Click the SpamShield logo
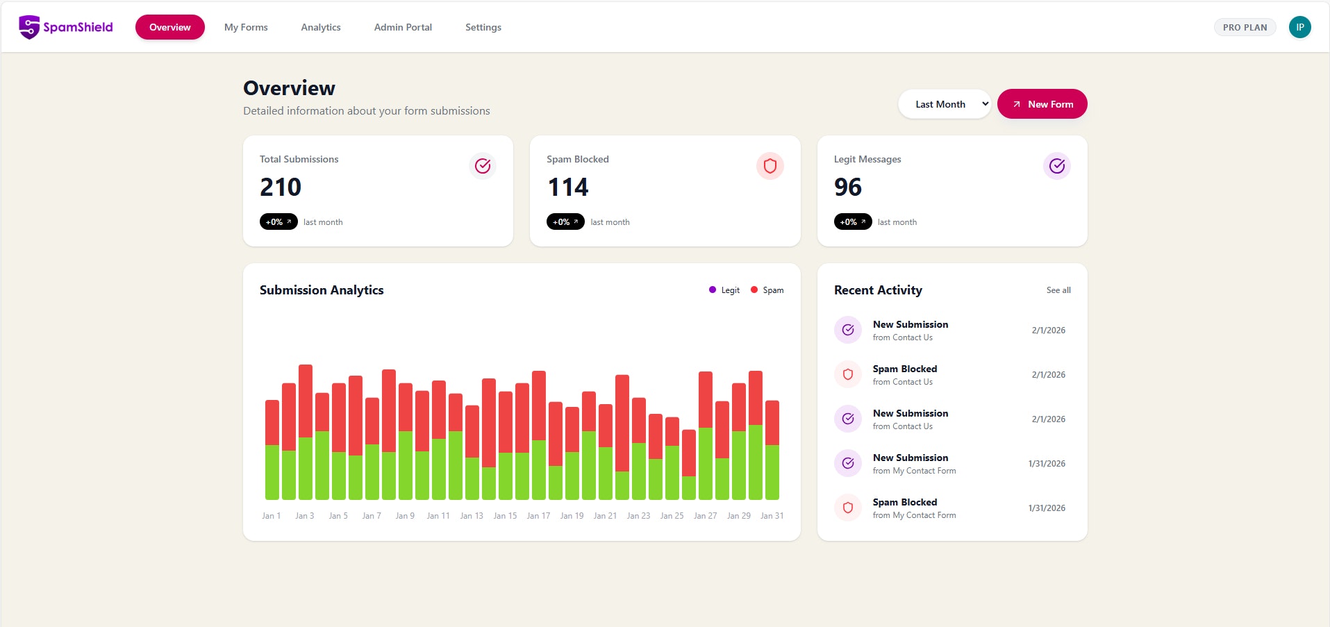[65, 27]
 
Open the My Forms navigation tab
[246, 27]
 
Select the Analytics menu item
[320, 27]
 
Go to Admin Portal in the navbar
[403, 27]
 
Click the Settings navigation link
[483, 27]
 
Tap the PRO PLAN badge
[1245, 27]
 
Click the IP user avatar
[1299, 27]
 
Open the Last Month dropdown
[945, 104]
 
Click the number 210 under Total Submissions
[281, 187]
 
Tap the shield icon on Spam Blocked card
[770, 166]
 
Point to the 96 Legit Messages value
[847, 187]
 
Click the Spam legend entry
[767, 290]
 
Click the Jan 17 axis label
[538, 516]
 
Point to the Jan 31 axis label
[772, 516]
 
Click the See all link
[1058, 290]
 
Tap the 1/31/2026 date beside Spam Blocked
[1046, 508]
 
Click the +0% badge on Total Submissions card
[279, 222]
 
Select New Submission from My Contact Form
[913, 463]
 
